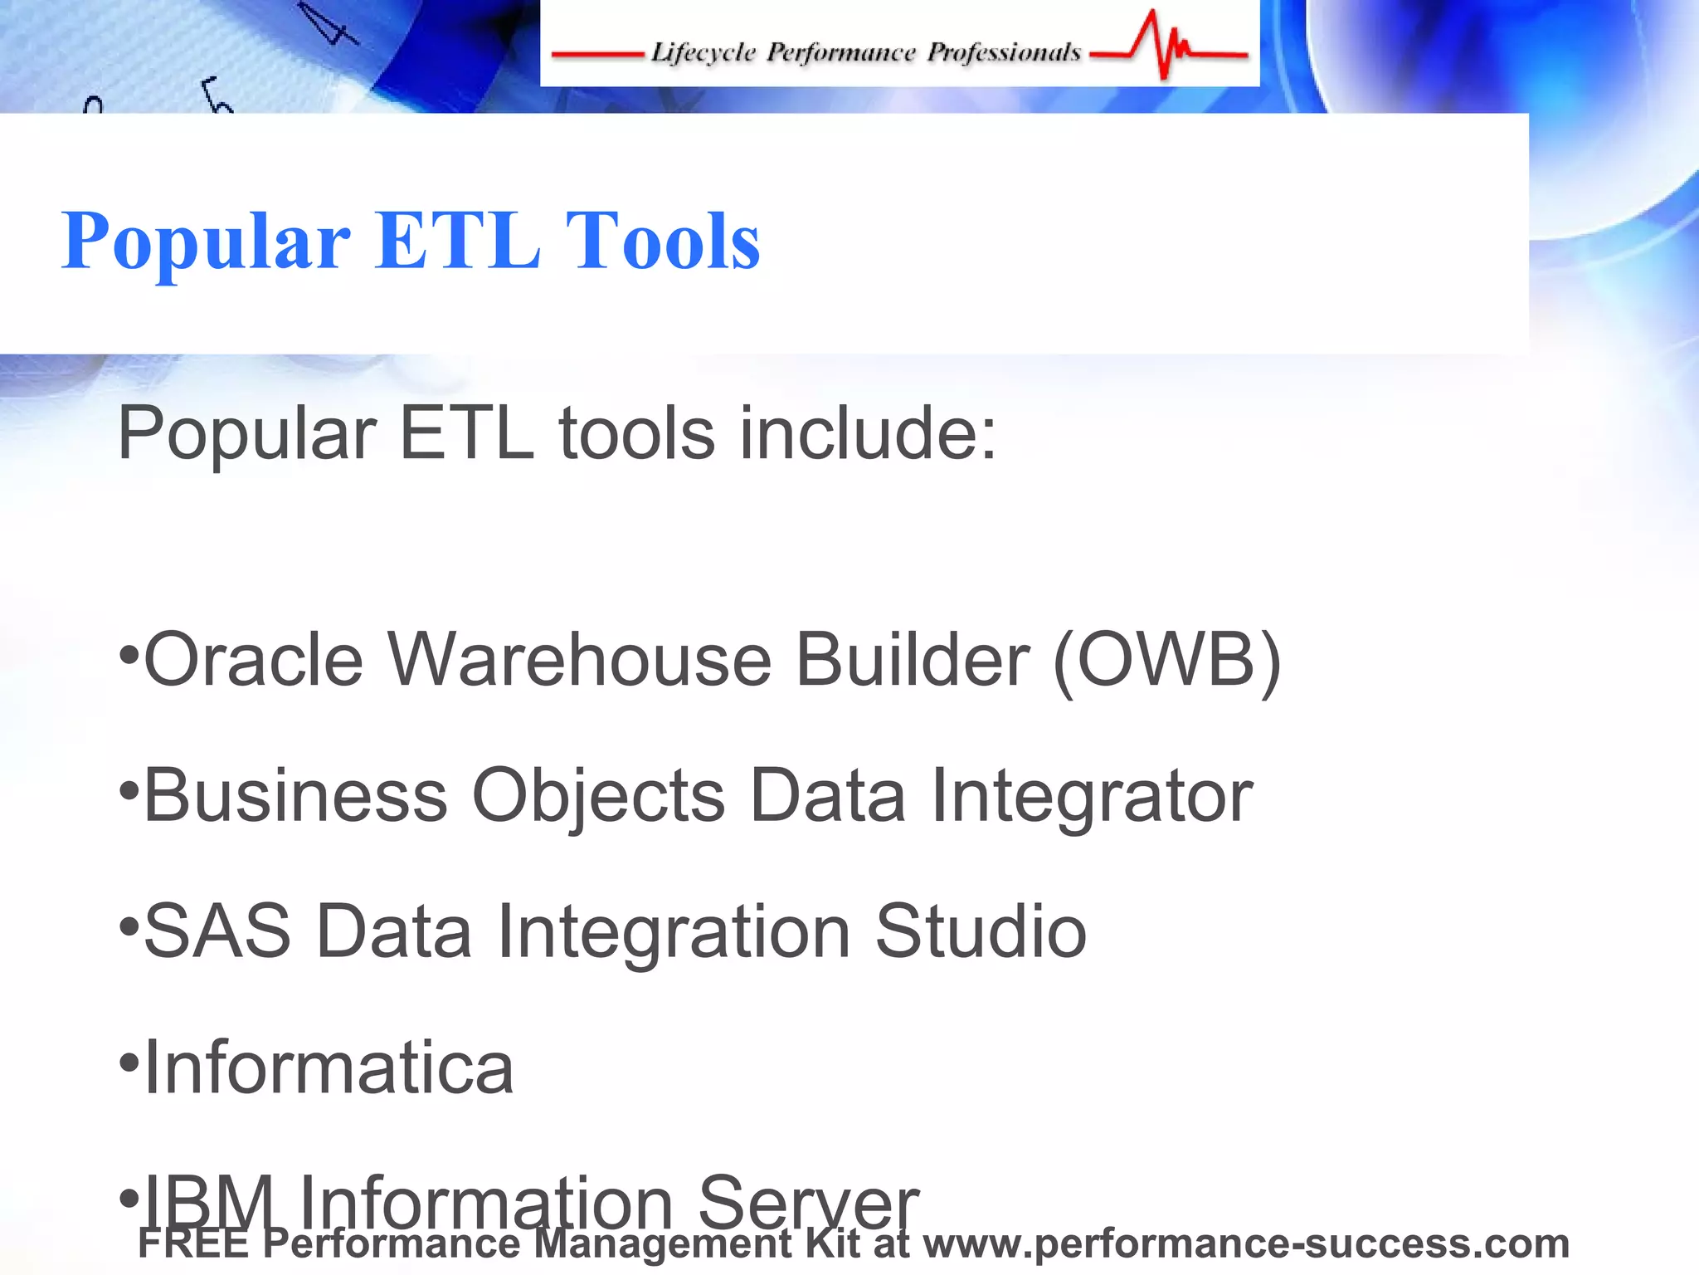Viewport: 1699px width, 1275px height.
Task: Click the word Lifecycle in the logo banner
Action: (703, 52)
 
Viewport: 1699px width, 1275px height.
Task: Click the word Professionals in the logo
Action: (1003, 52)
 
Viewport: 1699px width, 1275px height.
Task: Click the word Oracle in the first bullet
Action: (254, 660)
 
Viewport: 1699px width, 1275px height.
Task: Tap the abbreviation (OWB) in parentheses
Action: (1166, 660)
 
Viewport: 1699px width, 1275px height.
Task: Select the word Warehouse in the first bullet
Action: (580, 660)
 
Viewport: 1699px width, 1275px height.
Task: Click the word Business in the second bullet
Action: (296, 795)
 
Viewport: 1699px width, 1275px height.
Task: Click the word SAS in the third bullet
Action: (217, 931)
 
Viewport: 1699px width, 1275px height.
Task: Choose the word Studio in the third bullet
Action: (981, 931)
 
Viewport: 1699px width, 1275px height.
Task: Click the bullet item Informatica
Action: (329, 1067)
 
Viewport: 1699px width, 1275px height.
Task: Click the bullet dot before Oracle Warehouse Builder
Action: (129, 655)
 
